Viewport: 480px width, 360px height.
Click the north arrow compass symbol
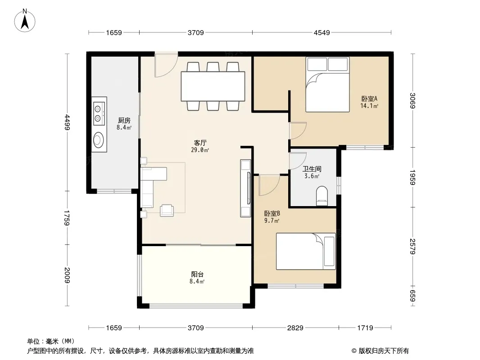tap(25, 21)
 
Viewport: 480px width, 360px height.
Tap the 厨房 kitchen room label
tap(124, 121)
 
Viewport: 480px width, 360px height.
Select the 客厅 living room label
tap(200, 143)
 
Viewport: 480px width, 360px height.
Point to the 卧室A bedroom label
tap(369, 99)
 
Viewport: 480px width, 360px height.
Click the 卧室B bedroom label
tap(272, 213)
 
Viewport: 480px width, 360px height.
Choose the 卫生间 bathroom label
tap(312, 169)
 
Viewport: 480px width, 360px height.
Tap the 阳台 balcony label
tap(197, 274)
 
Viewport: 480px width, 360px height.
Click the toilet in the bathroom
tap(322, 196)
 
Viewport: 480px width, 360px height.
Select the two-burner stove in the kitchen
tap(99, 113)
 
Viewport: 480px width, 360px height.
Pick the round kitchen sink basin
tap(99, 140)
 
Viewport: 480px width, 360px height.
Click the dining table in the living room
tap(213, 86)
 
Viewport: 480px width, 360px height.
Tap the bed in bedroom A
tap(327, 85)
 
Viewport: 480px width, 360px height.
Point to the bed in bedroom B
tap(306, 252)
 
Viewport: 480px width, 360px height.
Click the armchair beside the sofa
tap(167, 210)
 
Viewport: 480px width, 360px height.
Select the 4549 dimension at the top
tap(322, 33)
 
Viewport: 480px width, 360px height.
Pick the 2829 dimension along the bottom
tap(295, 328)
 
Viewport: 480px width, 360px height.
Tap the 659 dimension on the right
tap(412, 296)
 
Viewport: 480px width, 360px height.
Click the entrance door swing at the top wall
tap(166, 65)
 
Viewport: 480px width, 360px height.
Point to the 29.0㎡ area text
tap(200, 150)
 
